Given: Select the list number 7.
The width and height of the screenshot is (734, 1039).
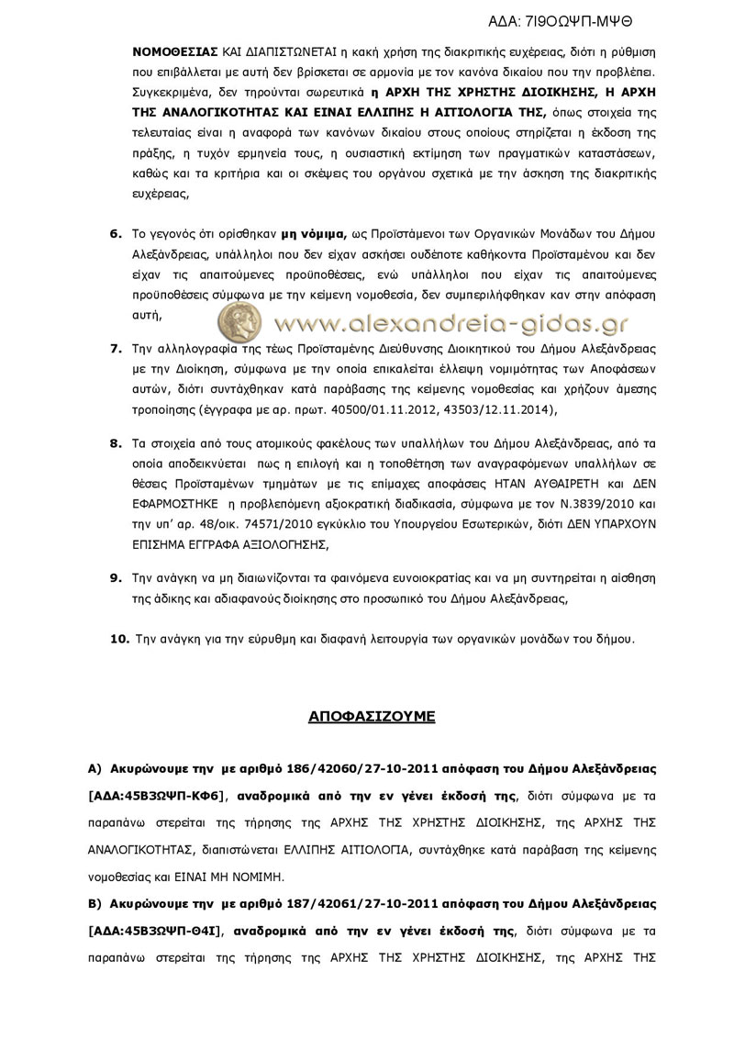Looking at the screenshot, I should coord(116,349).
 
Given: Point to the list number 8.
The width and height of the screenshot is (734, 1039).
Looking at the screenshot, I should coord(116,442).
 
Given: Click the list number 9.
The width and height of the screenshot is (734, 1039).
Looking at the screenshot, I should coord(116,577).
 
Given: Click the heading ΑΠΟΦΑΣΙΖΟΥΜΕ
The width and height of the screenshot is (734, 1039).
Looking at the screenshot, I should coord(372,716).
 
